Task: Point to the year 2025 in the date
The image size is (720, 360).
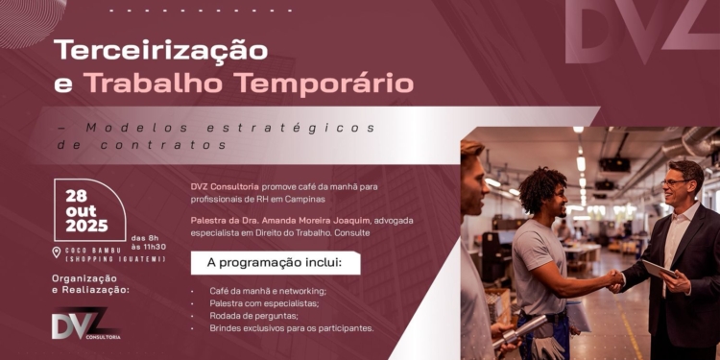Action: (x=87, y=226)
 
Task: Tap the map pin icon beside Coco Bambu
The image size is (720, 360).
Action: (x=56, y=252)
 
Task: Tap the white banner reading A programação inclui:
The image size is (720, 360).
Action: (x=276, y=262)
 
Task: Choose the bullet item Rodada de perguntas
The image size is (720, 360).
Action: (x=253, y=315)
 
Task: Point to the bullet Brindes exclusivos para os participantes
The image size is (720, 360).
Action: (x=291, y=327)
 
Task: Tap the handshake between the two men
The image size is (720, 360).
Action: (x=613, y=278)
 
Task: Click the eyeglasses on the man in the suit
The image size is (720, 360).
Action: (x=675, y=182)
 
